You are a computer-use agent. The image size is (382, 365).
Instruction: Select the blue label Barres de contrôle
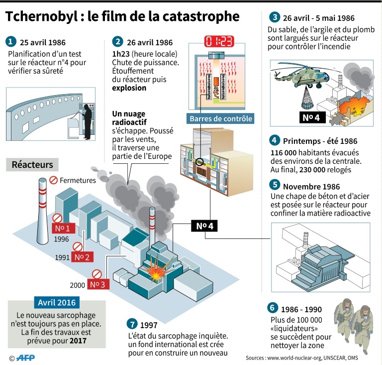220,119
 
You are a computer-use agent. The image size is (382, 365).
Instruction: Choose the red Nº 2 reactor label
82,257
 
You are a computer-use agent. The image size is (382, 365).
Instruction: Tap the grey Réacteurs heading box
32,164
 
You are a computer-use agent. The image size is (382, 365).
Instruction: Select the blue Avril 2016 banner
57,302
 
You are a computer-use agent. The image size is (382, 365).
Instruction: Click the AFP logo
24,358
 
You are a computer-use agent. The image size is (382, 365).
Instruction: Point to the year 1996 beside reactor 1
61,239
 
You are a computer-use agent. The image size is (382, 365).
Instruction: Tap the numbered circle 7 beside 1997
132,324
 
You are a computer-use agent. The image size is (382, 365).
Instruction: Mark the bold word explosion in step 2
129,88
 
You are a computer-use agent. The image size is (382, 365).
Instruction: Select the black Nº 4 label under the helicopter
313,117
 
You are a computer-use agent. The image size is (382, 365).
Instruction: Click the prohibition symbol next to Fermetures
53,180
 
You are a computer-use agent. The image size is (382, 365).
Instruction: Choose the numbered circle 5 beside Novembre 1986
275,186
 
